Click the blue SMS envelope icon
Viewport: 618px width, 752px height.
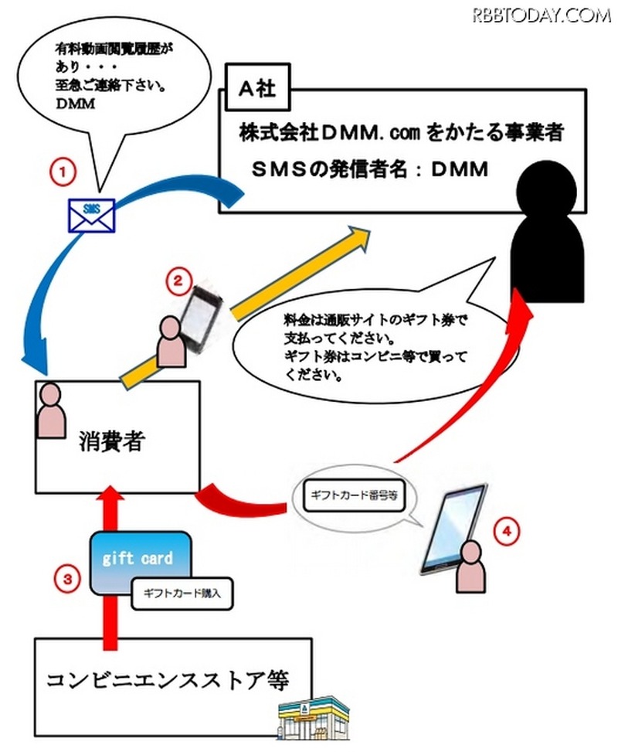91,215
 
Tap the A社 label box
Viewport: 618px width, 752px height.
254,90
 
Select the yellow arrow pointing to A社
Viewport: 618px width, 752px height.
255,297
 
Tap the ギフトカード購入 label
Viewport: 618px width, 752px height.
182,595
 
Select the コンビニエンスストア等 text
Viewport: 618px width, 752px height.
167,682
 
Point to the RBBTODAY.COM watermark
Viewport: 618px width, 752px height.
542,14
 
